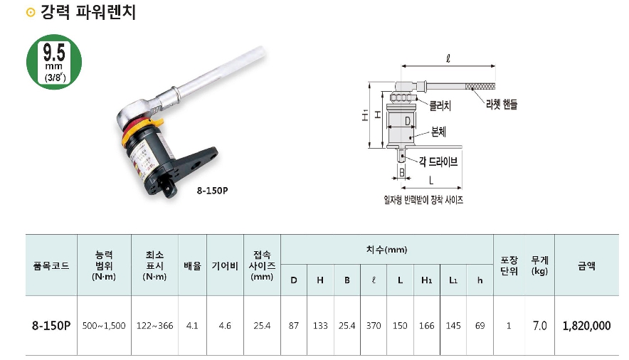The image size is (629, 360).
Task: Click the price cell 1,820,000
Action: (x=586, y=326)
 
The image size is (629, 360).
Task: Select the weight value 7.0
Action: (x=539, y=326)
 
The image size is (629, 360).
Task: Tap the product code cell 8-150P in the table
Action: (x=51, y=326)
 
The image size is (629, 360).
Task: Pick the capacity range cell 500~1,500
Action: (x=104, y=326)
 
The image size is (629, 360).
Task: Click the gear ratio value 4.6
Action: (x=225, y=326)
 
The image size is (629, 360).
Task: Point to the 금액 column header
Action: (x=586, y=265)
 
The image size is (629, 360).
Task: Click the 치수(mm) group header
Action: (x=386, y=250)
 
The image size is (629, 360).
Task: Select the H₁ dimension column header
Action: (x=427, y=280)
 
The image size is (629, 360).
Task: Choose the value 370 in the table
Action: (x=374, y=326)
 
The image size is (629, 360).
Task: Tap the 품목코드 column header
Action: (x=51, y=265)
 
